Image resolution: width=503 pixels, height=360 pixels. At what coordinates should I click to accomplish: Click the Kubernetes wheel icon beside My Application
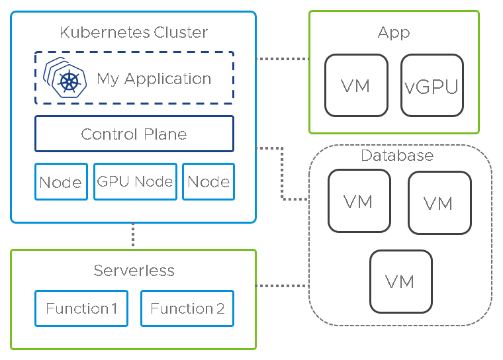tap(68, 81)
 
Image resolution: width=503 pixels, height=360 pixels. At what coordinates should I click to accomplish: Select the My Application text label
tap(154, 79)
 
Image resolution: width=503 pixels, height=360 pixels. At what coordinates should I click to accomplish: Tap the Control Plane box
tap(134, 134)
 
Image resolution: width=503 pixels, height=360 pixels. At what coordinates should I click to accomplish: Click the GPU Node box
tap(135, 182)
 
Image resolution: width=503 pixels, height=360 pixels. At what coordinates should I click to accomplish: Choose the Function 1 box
tap(81, 308)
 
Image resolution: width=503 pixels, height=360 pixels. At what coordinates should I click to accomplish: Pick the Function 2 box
tap(187, 308)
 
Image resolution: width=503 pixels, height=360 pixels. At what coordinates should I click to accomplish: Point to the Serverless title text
tap(134, 270)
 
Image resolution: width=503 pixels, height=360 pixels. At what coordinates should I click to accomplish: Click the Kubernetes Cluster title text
tap(134, 32)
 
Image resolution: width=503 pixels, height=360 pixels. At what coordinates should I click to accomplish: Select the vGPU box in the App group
tap(432, 85)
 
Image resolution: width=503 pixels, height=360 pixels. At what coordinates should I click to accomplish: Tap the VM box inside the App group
tap(355, 85)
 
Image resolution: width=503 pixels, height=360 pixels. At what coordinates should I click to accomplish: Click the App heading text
tap(394, 32)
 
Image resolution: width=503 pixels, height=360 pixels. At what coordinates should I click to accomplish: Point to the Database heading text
tap(397, 156)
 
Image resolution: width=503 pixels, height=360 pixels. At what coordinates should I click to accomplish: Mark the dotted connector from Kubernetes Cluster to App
tap(282, 59)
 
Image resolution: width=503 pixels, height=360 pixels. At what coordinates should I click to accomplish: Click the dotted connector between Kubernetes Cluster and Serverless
tap(133, 236)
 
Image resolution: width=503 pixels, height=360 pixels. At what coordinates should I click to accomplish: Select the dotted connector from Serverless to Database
tap(282, 286)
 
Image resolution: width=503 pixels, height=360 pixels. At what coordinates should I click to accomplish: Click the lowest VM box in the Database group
tap(400, 281)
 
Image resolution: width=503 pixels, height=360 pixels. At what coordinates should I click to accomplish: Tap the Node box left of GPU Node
tap(61, 182)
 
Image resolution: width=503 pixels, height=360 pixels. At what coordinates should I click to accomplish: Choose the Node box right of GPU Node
tap(208, 182)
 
